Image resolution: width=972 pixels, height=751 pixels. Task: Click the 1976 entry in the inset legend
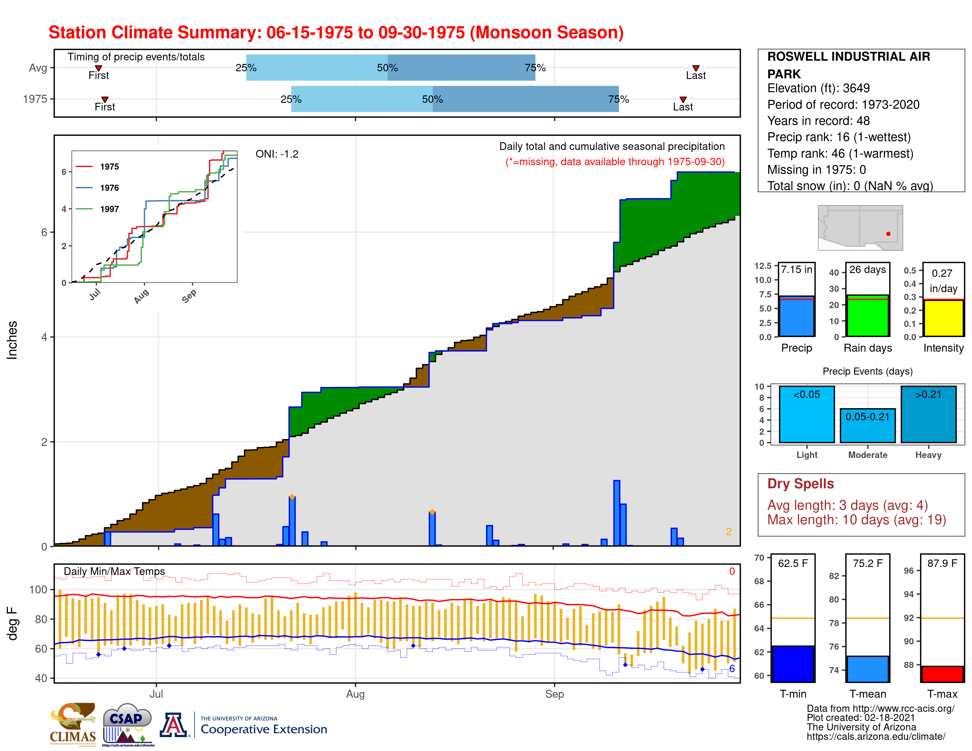click(109, 188)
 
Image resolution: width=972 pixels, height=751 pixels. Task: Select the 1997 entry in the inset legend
click(109, 209)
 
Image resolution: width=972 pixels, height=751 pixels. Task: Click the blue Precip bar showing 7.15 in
click(797, 316)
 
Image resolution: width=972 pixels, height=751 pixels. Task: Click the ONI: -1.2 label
click(277, 154)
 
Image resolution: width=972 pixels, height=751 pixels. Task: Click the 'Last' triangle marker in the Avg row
click(696, 68)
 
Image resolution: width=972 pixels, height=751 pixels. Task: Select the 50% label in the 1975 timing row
click(432, 99)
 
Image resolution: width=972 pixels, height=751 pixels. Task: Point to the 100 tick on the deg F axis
click(38, 590)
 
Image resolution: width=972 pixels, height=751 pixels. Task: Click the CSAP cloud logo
click(127, 723)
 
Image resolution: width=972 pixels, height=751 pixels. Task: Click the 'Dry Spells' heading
click(800, 484)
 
